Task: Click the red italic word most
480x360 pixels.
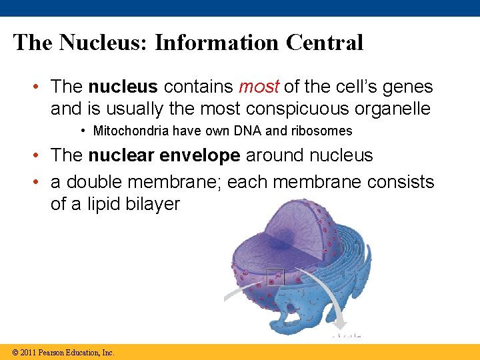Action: click(259, 87)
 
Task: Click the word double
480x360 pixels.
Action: click(97, 182)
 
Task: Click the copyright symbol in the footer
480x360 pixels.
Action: click(15, 352)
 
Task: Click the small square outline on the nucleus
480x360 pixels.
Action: click(275, 276)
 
